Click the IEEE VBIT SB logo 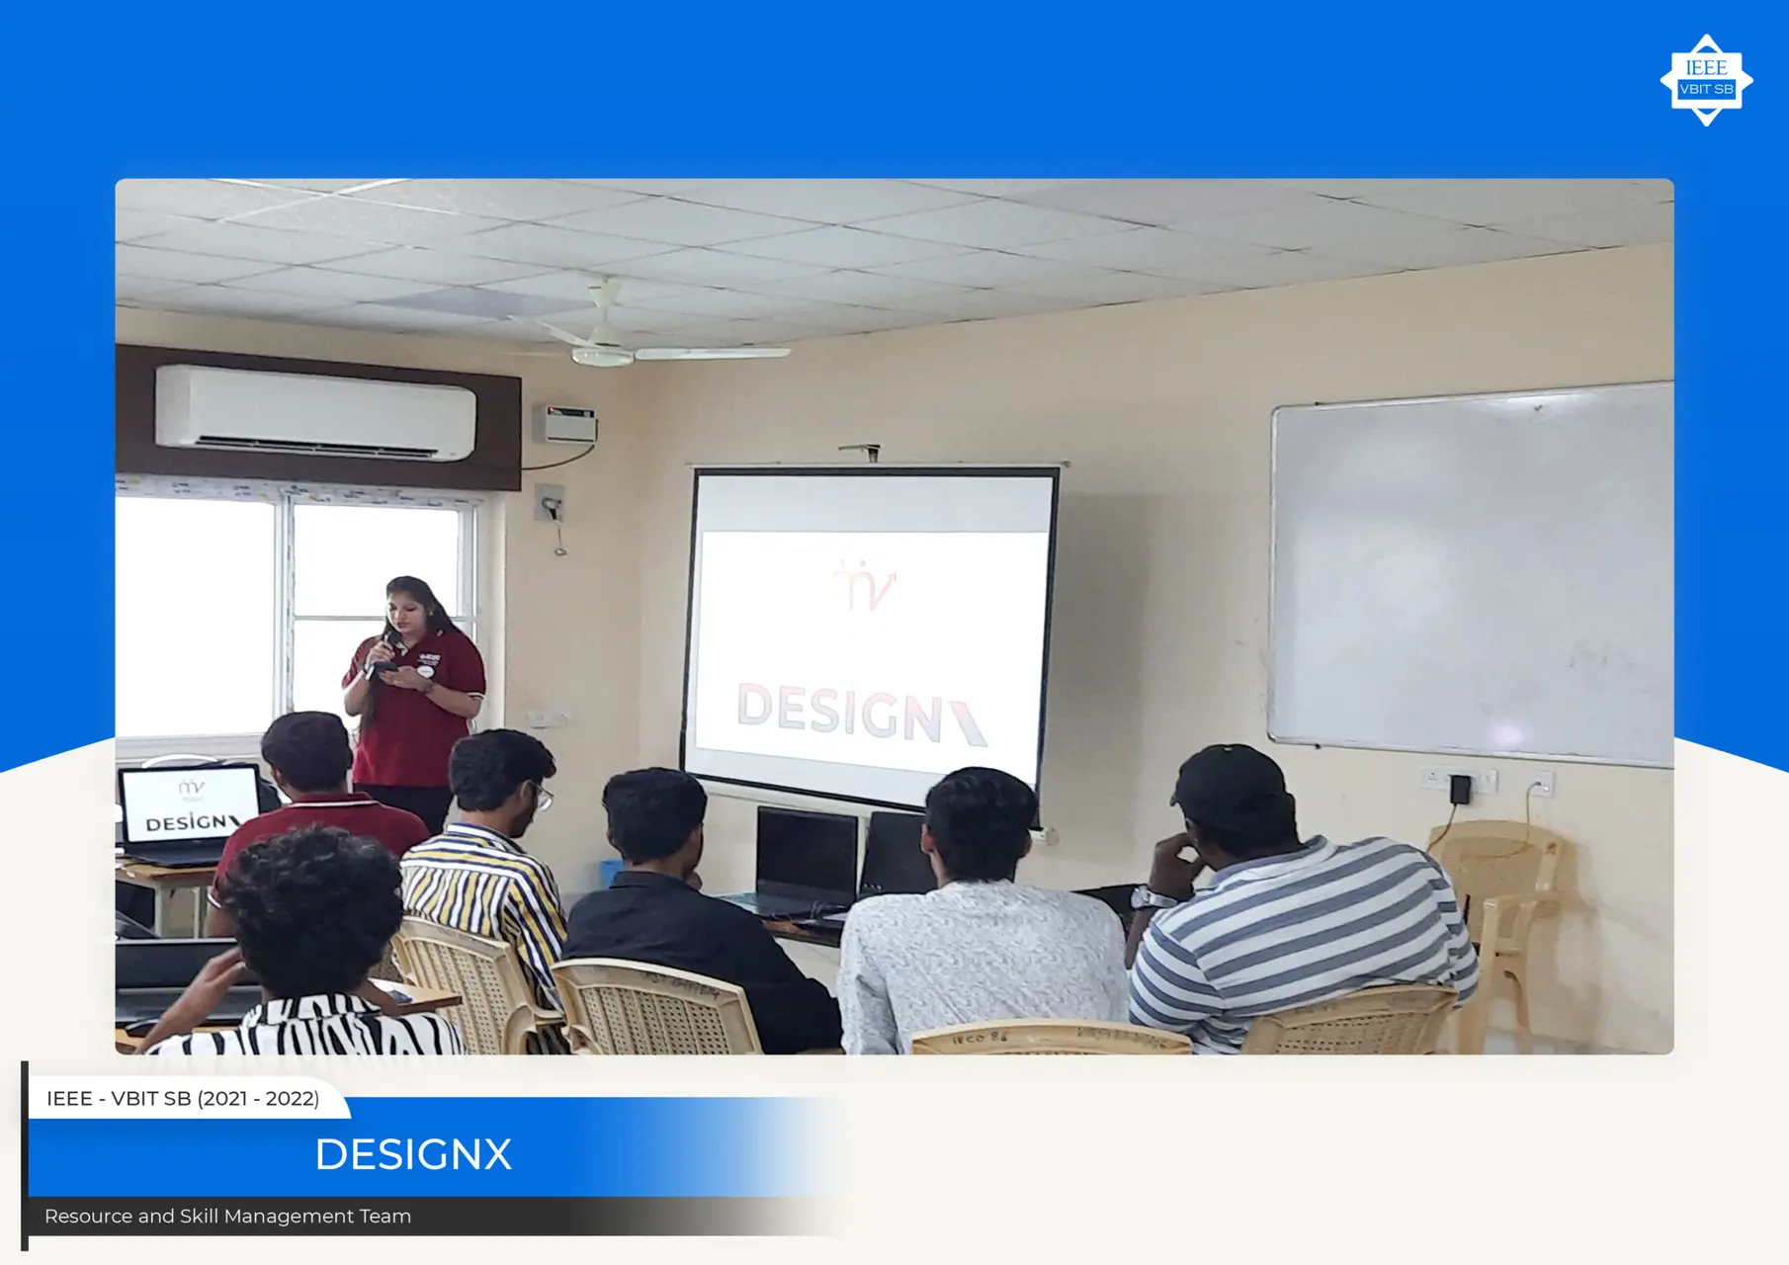point(1706,80)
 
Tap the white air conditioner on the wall point(315,412)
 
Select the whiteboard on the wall point(1471,573)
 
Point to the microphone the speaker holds point(376,656)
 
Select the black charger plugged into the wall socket point(1460,790)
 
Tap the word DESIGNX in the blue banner point(413,1154)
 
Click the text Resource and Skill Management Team point(227,1217)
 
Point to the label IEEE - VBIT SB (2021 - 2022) point(183,1099)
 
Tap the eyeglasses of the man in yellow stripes point(543,796)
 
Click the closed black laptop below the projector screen point(807,857)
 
